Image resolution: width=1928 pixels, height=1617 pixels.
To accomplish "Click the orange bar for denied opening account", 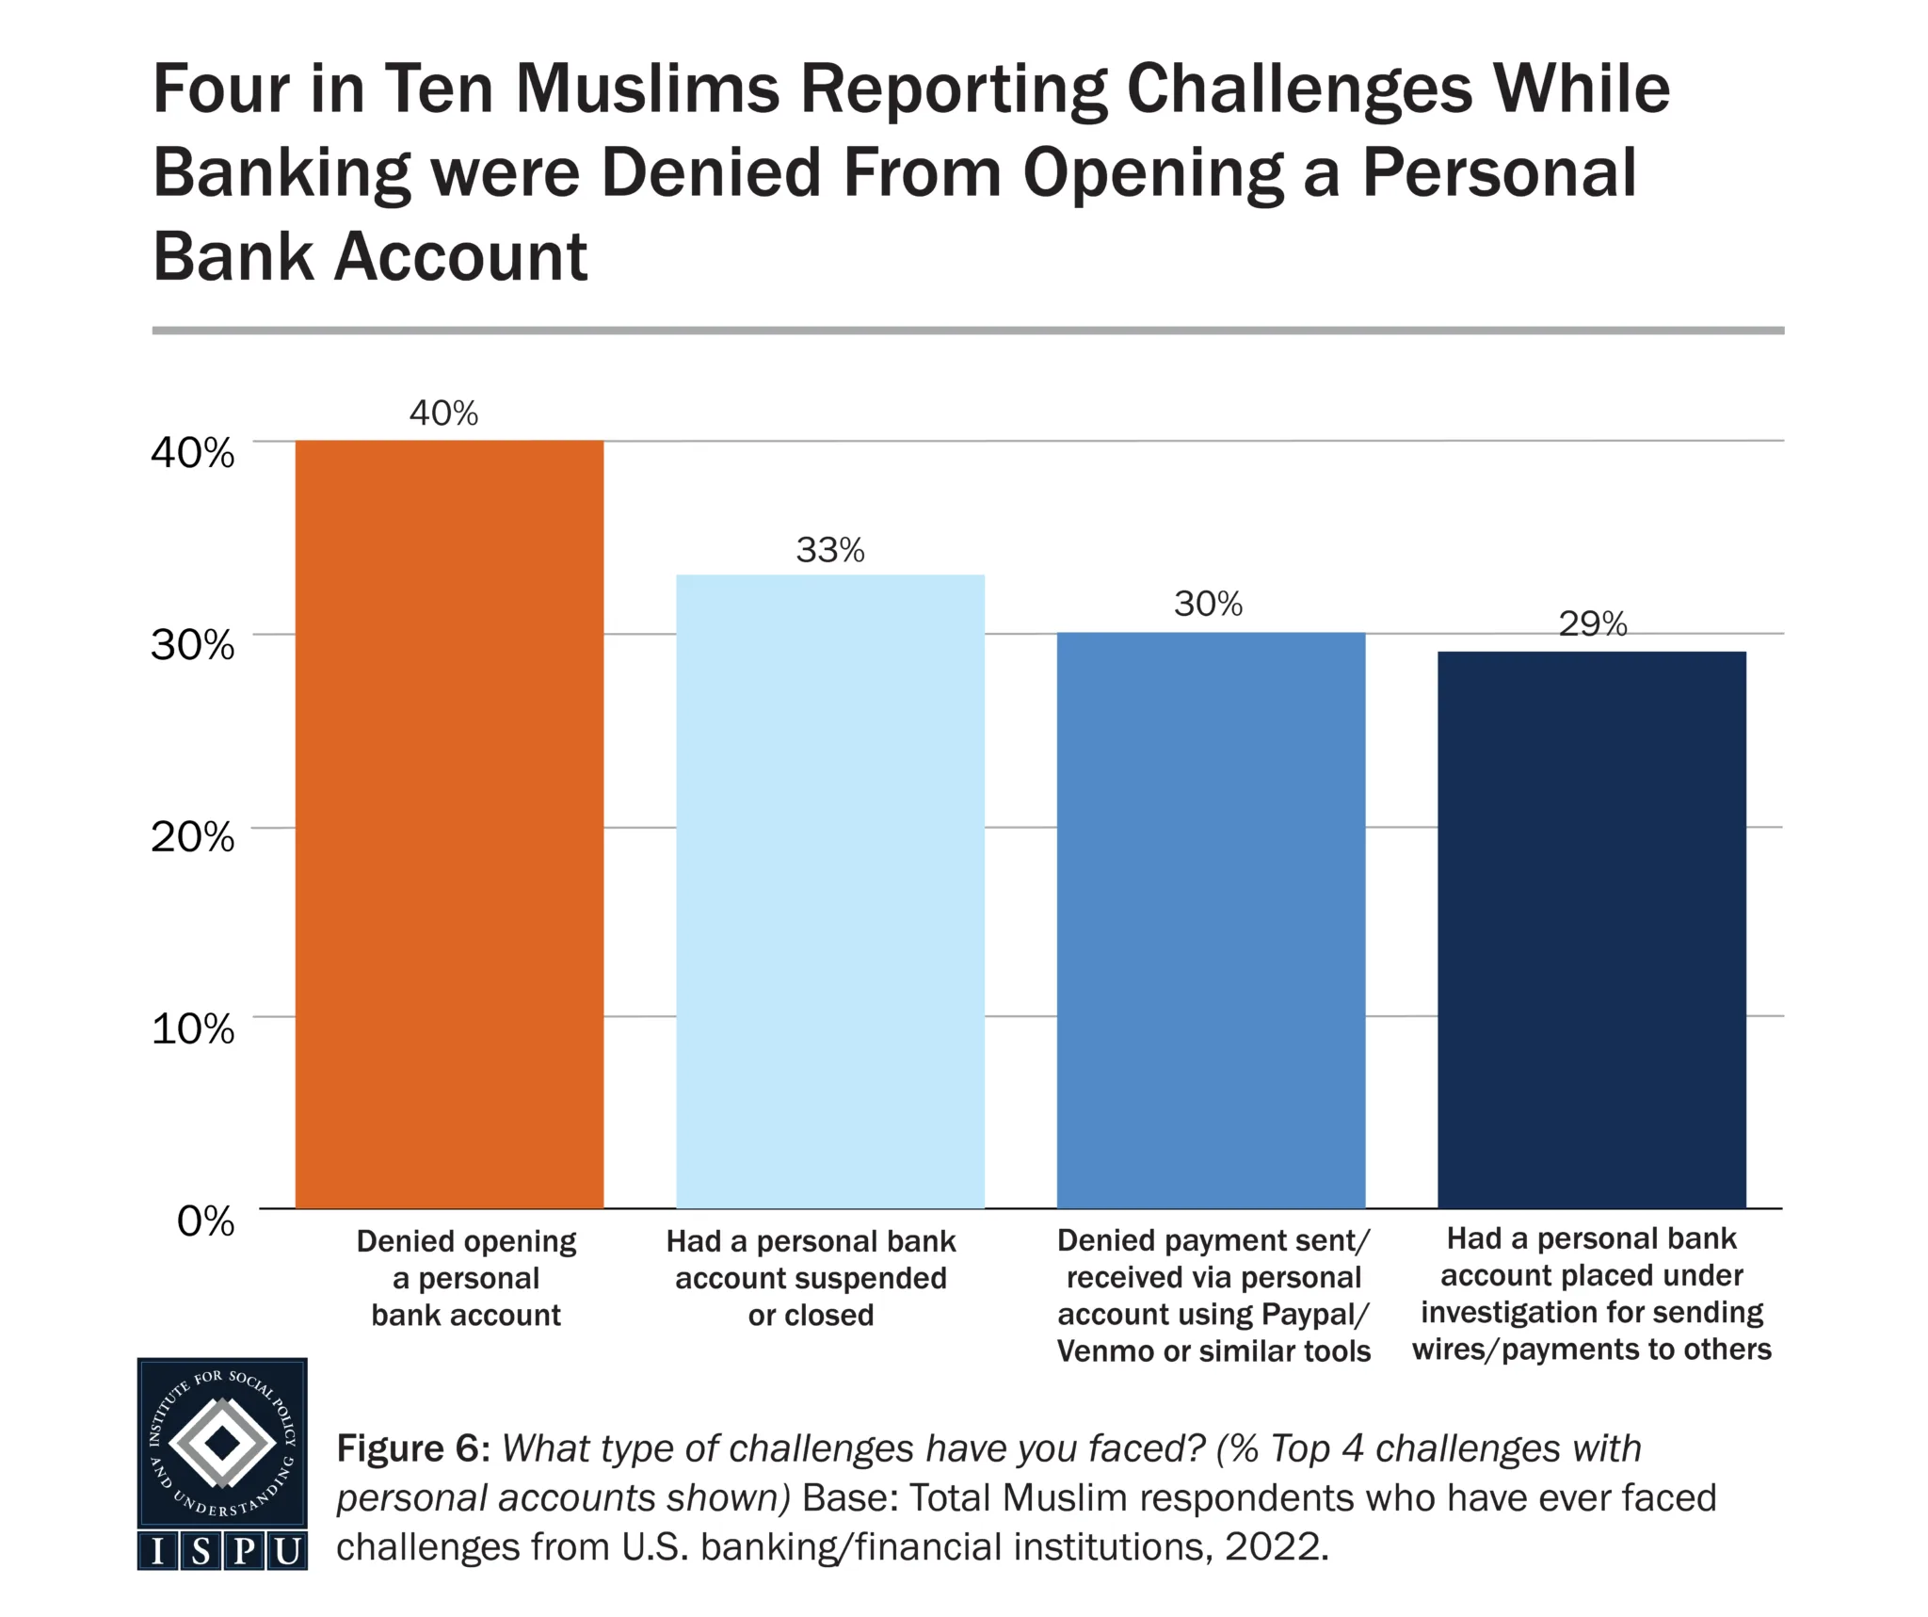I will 449,824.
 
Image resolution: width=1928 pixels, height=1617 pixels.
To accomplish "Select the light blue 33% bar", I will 830,891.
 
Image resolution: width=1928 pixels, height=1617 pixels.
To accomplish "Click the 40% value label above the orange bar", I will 443,413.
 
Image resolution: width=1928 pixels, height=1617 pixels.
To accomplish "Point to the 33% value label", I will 830,550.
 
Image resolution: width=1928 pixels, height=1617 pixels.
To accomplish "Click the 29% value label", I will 1593,623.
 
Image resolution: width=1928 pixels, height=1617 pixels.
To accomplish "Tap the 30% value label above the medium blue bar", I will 1208,604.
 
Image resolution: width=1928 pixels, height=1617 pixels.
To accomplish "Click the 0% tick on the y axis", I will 205,1221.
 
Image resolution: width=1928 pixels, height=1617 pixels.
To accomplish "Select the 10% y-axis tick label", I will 193,1028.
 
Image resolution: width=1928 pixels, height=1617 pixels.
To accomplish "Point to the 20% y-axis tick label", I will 193,836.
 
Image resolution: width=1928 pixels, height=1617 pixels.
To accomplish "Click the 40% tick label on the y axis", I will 193,453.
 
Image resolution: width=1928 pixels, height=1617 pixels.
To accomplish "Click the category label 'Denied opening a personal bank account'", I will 466,1278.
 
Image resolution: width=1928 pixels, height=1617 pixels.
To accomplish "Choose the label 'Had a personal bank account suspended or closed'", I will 811,1278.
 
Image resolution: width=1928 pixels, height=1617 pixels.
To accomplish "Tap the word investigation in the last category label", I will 1516,1313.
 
